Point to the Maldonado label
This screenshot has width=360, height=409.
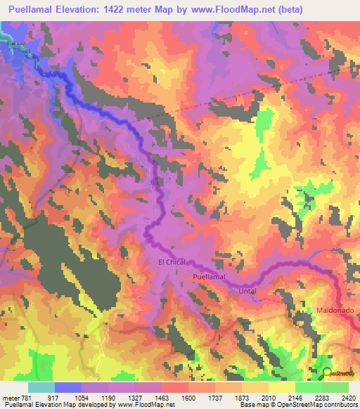[333, 310]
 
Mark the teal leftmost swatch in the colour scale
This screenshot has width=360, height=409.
[41, 388]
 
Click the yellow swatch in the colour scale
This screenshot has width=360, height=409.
[281, 388]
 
